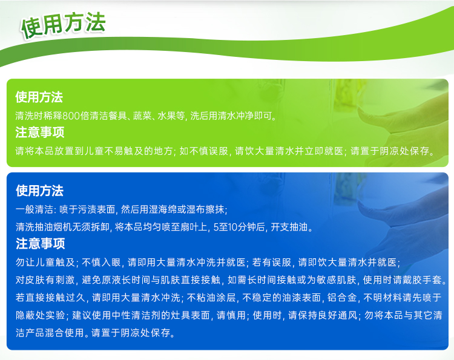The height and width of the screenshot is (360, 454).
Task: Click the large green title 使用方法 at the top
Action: click(63, 25)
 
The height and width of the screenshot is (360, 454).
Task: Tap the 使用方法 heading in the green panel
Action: click(39, 97)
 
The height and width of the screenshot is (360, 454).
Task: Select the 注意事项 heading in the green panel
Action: click(40, 133)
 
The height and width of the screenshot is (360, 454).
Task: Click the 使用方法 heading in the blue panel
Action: click(39, 191)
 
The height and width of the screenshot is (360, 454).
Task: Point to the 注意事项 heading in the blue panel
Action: click(40, 243)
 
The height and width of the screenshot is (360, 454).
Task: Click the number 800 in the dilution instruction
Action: click(71, 116)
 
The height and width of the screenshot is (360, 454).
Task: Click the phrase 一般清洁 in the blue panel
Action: click(34, 209)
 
